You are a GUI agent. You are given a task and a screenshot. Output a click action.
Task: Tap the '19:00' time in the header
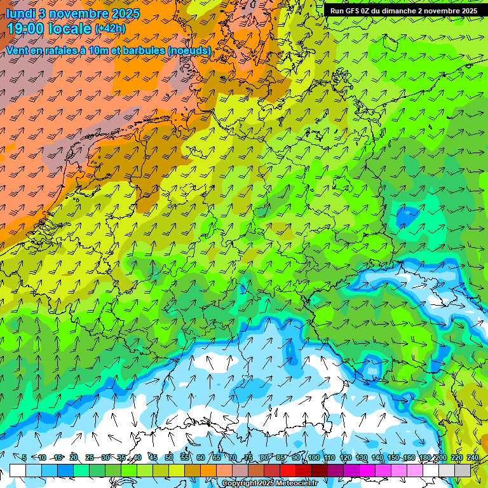coord(27,28)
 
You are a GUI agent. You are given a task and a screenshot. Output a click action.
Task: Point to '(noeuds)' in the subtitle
coord(189,50)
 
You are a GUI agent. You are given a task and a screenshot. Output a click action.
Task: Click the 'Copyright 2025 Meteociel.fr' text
coord(270,484)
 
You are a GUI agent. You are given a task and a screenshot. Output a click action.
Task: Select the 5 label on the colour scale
coord(24,457)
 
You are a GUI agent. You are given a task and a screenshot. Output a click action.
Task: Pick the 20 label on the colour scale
coord(74,457)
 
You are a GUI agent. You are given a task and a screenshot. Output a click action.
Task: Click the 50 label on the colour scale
coord(169,457)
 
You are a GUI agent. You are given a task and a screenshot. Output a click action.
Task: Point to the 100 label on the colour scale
coord(313,457)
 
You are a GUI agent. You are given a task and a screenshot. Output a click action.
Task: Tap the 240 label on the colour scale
coord(472,457)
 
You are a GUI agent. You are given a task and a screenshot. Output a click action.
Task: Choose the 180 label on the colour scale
coord(424,457)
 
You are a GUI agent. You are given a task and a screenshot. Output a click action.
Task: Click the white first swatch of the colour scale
coord(18,470)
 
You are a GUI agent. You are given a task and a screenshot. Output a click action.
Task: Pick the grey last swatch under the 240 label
coord(463,470)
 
